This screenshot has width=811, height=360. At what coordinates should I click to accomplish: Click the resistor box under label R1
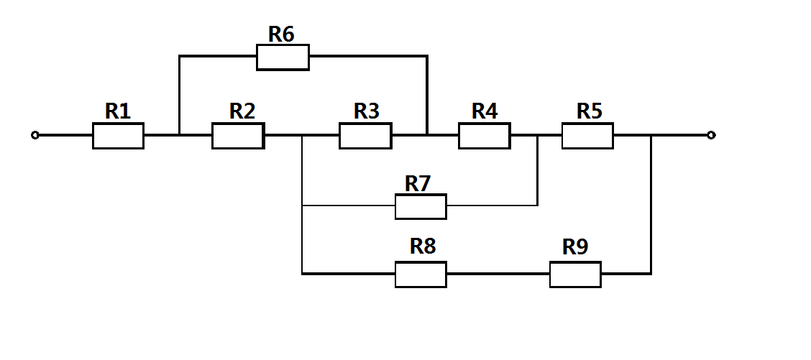118,135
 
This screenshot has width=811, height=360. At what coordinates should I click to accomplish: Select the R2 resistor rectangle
237,135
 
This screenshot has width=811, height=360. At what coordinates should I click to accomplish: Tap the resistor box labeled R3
365,135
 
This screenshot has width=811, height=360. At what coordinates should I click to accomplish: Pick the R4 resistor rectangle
485,135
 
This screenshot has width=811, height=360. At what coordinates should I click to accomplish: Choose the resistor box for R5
587,135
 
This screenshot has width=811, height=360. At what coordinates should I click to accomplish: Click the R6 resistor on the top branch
283,57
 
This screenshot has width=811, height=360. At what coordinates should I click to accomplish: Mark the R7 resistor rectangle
421,206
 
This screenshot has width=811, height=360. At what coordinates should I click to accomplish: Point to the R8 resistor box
421,274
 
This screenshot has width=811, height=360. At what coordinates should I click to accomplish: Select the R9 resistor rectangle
575,274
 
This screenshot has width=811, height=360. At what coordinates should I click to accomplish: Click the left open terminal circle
35,135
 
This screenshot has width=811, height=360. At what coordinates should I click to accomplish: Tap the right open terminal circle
711,135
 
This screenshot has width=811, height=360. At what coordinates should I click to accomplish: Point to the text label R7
417,183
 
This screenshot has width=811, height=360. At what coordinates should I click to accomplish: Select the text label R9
575,247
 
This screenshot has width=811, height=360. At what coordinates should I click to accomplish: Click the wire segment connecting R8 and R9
498,274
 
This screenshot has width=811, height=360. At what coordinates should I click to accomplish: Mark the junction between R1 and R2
179,135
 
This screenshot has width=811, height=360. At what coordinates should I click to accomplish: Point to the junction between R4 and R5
537,135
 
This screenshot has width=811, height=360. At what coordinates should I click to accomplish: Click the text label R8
423,246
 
